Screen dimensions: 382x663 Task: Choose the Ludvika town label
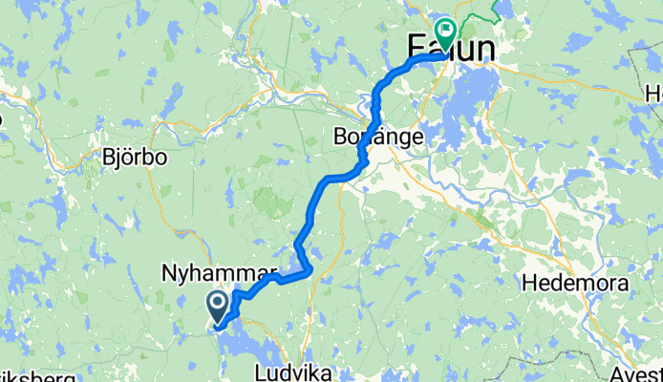pyautogui.click(x=290, y=370)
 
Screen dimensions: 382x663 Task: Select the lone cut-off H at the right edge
pyautogui.click(x=654, y=94)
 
